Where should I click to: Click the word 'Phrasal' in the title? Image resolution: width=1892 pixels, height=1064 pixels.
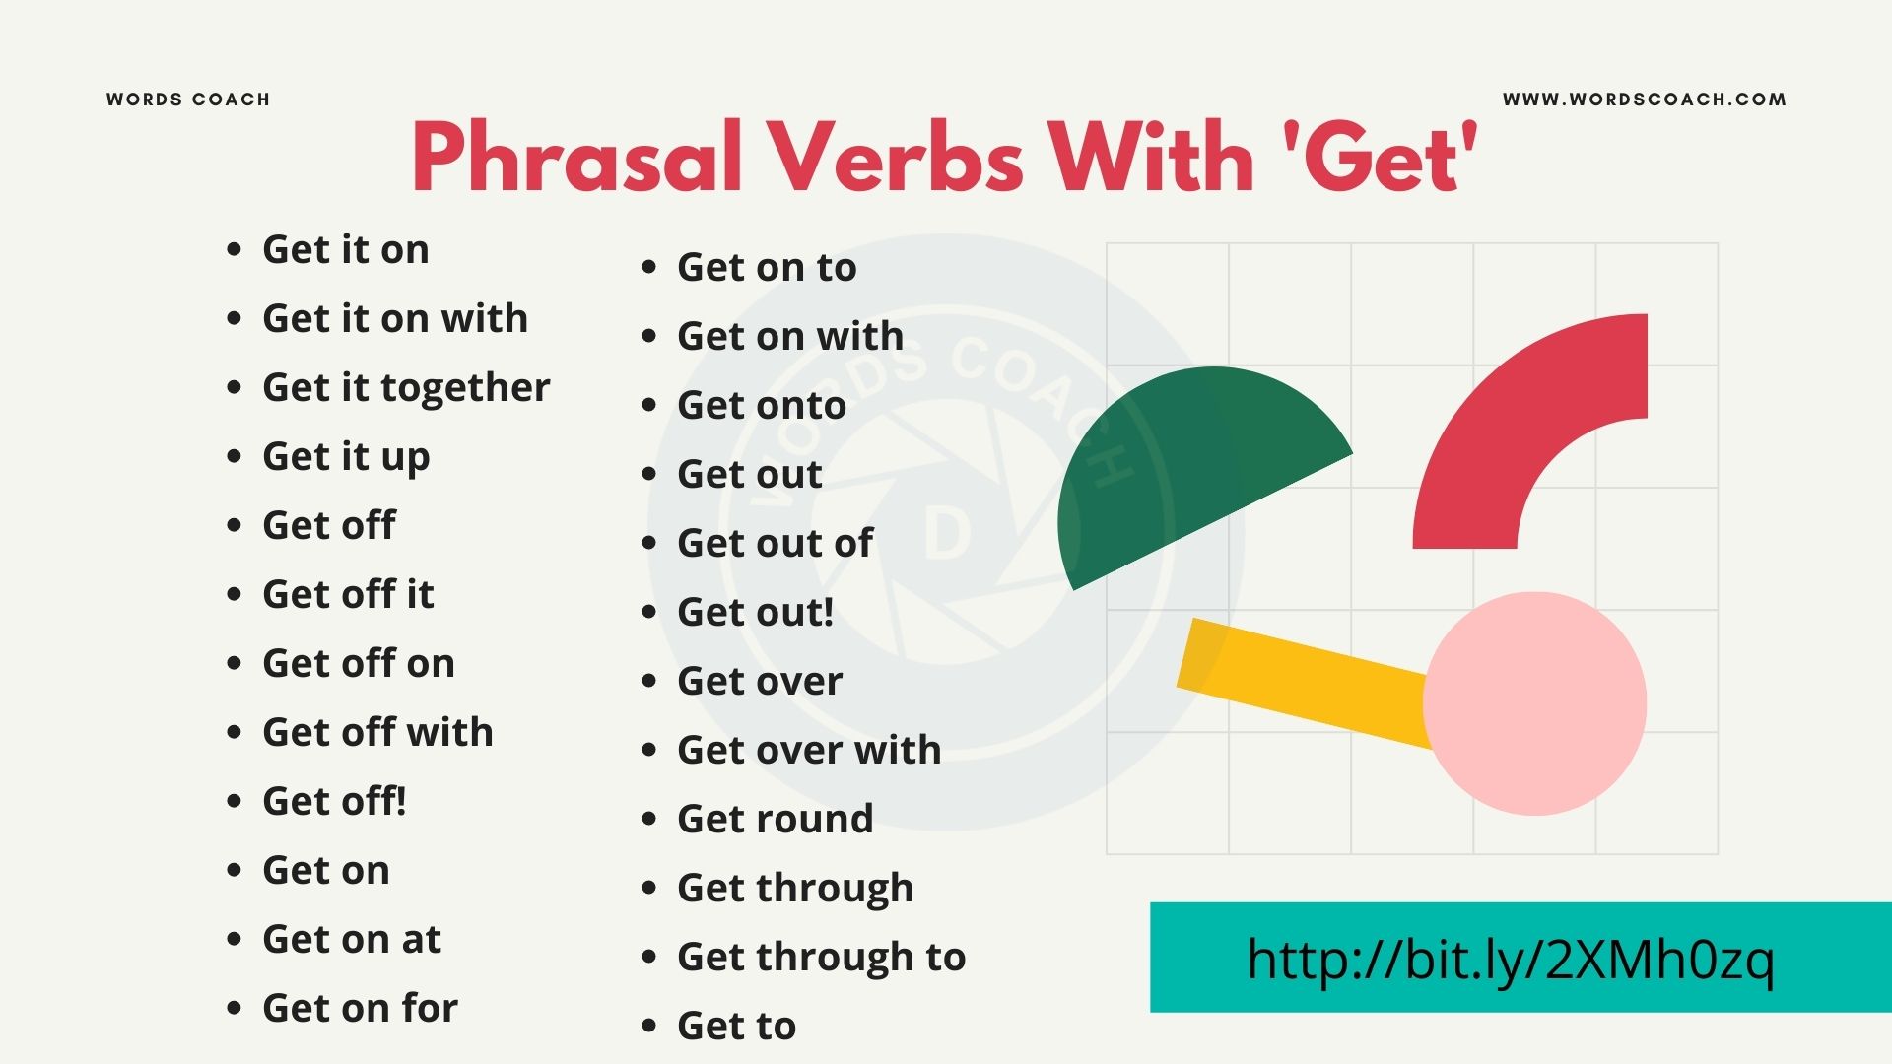pyautogui.click(x=576, y=158)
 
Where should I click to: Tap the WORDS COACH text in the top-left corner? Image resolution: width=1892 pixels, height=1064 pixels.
pyautogui.click(x=188, y=100)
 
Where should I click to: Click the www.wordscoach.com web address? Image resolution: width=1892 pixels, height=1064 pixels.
pyautogui.click(x=1644, y=100)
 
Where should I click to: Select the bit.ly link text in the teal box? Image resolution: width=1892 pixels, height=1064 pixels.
pyautogui.click(x=1510, y=959)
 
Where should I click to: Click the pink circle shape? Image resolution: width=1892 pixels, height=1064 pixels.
pyautogui.click(x=1534, y=703)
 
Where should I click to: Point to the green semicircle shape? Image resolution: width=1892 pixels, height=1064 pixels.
pyautogui.click(x=1182, y=473)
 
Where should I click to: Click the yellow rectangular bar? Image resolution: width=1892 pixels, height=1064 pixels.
pyautogui.click(x=1301, y=680)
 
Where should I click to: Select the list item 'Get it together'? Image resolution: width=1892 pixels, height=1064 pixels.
pyautogui.click(x=406, y=388)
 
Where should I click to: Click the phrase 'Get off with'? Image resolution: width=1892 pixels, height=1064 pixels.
pyautogui.click(x=377, y=732)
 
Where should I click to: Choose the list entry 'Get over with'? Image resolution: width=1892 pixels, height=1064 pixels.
pyautogui.click(x=809, y=751)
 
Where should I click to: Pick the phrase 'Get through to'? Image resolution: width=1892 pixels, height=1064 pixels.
pyautogui.click(x=821, y=958)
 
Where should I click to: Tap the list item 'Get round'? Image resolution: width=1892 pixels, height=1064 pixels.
pyautogui.click(x=775, y=819)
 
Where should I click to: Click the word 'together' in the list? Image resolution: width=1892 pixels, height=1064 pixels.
pyautogui.click(x=465, y=388)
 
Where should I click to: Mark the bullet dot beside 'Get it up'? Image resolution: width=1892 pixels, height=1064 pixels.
pyautogui.click(x=234, y=457)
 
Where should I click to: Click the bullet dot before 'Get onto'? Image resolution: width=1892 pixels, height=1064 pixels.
pyautogui.click(x=648, y=406)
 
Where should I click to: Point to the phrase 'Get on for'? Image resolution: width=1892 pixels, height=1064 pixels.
pyautogui.click(x=360, y=1008)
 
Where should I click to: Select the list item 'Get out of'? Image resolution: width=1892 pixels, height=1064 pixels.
pyautogui.click(x=775, y=543)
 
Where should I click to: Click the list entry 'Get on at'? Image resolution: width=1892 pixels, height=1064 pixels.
pyautogui.click(x=352, y=939)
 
